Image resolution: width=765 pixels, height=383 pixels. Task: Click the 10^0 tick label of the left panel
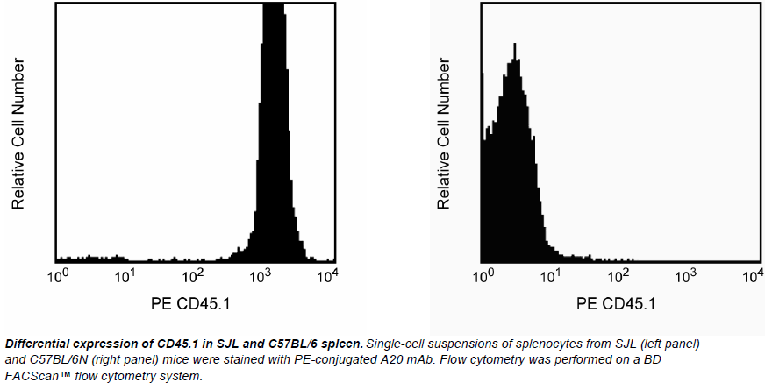tap(58, 277)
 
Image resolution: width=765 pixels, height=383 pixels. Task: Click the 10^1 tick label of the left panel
tap(125, 277)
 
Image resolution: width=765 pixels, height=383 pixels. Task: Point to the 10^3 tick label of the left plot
tap(261, 277)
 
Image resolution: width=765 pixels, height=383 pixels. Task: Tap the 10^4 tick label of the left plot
tap(327, 277)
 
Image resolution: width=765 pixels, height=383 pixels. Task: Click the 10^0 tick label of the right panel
tap(483, 277)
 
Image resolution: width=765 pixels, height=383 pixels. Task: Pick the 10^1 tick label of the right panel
tap(550, 277)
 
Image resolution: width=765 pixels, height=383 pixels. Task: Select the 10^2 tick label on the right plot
tap(618, 277)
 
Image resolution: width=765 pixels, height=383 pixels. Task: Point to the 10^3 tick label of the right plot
tap(685, 277)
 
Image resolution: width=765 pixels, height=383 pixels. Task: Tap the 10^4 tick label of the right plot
tap(752, 277)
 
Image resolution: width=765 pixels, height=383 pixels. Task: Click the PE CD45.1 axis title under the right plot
tap(616, 305)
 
